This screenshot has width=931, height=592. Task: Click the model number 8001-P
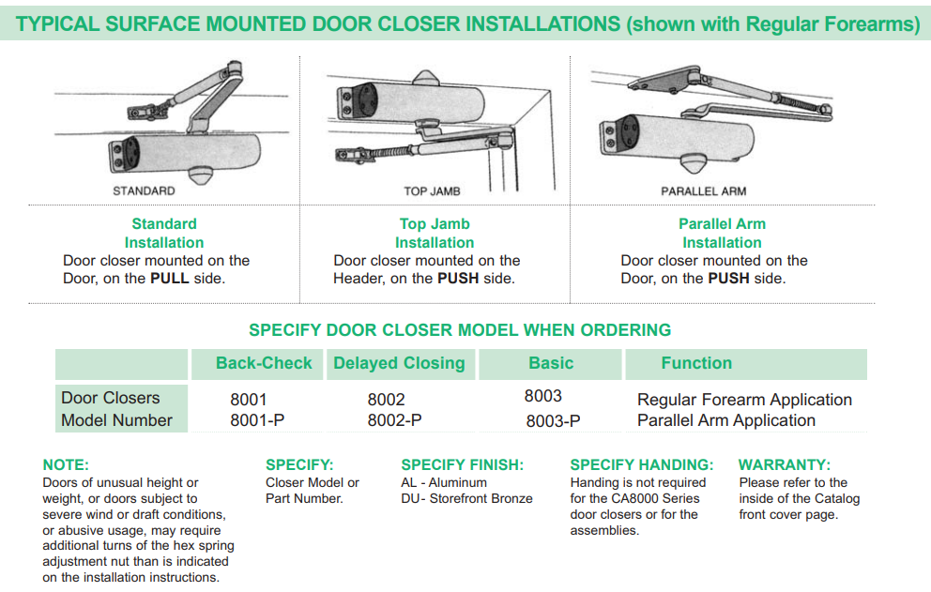(x=257, y=421)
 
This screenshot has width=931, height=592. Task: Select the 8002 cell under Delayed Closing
(x=386, y=400)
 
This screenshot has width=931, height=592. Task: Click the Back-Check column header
(x=264, y=364)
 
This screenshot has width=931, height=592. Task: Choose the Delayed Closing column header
(x=399, y=364)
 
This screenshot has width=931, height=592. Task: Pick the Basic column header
(x=551, y=364)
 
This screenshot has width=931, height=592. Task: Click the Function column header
(x=696, y=364)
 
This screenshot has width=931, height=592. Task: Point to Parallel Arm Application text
(x=725, y=421)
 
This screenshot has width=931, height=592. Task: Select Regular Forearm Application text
(x=744, y=400)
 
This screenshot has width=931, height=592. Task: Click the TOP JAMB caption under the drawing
(x=432, y=191)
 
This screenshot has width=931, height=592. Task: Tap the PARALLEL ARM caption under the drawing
(x=703, y=191)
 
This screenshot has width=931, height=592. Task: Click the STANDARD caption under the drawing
(x=144, y=191)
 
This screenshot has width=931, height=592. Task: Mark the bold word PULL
(x=170, y=279)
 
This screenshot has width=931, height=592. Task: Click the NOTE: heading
(x=66, y=465)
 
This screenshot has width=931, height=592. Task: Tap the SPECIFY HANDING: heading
(x=641, y=465)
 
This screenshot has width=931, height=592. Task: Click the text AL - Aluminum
(x=444, y=483)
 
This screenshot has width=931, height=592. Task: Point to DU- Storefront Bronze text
(x=466, y=499)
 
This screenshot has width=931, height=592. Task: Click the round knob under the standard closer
(x=202, y=175)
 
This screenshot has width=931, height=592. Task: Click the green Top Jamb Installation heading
(x=435, y=233)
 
